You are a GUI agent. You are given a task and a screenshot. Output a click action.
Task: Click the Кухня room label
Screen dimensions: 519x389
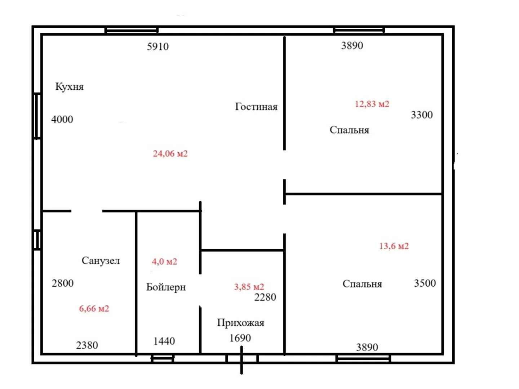coord(69,87)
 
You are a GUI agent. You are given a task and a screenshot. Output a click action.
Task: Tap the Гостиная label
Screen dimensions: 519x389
coord(256,107)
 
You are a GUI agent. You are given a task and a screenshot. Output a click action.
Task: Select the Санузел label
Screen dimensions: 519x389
coord(101,261)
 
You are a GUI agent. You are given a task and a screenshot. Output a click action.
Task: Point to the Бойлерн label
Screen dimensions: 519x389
coord(166,287)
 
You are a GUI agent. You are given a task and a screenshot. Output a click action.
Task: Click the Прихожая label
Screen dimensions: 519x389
coord(240,323)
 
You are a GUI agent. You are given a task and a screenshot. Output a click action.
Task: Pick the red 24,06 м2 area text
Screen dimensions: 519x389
coord(170,154)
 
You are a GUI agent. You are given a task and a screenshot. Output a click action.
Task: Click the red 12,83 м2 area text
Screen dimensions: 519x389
coord(372,104)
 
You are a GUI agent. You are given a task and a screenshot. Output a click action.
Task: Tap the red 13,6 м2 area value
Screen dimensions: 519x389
coord(394,246)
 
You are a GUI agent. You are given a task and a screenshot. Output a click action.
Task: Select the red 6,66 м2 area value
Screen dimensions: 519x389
coord(94,308)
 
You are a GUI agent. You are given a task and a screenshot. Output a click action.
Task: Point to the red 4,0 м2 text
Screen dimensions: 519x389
coord(164,261)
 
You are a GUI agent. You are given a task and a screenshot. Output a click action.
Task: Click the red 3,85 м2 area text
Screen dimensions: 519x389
coord(249,287)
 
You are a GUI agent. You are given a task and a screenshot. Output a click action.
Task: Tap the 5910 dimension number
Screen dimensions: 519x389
coord(158,46)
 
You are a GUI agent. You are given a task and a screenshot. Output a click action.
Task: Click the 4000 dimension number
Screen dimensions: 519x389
coord(62,120)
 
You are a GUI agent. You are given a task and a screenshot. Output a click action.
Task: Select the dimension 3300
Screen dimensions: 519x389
coord(422,115)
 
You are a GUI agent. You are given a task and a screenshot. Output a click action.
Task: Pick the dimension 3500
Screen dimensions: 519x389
coord(425,283)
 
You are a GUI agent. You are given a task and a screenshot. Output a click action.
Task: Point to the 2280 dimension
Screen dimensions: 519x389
coord(265,297)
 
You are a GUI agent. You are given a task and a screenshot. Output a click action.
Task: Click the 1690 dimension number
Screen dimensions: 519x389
coord(240,338)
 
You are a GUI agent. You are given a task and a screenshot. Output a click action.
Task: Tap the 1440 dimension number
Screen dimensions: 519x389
coord(164,341)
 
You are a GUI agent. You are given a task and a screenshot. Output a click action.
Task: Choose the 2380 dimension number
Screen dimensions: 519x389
coord(87,345)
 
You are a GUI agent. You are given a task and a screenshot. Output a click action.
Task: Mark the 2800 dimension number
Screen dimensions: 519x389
coord(62,283)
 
